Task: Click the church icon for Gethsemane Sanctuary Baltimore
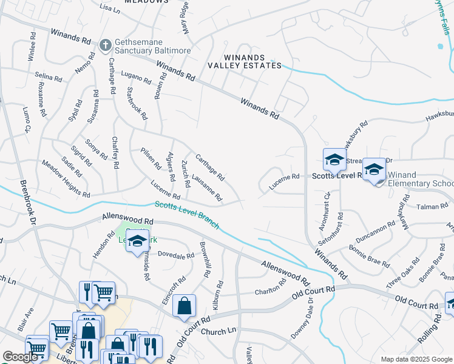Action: click(x=105, y=44)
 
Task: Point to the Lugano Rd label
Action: click(x=135, y=79)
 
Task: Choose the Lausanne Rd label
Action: click(x=207, y=189)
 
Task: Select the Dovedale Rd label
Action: click(x=176, y=256)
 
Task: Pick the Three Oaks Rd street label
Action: click(x=402, y=274)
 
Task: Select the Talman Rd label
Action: click(x=432, y=207)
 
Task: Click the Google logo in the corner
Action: click(x=20, y=357)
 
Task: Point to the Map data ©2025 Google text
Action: click(x=416, y=359)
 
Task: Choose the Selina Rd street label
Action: click(x=49, y=78)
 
